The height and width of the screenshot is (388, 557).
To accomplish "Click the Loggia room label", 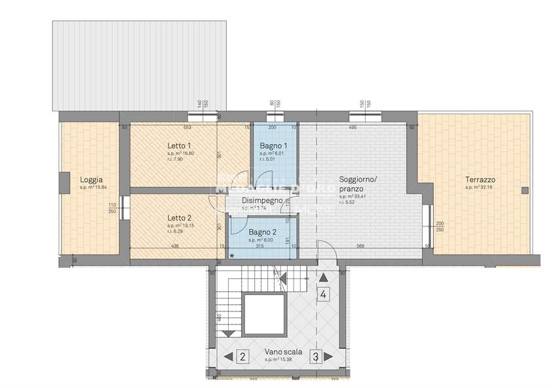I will [91, 180].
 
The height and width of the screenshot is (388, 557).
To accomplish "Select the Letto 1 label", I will [179, 146].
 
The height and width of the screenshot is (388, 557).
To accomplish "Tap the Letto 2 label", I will [179, 218].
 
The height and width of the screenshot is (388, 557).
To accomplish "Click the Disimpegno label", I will [262, 201].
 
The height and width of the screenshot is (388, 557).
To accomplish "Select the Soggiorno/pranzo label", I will [358, 184].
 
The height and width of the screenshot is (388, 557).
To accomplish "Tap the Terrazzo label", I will [480, 180].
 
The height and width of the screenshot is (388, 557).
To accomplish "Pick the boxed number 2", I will [242, 357].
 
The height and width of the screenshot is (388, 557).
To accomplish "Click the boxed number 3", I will [315, 357].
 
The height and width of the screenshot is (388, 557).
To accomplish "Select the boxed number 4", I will [323, 294].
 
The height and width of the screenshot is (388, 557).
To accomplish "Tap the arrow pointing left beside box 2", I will [227, 357].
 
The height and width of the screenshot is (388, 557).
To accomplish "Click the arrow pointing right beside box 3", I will [330, 357].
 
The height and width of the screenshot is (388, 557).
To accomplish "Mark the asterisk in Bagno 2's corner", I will [231, 256].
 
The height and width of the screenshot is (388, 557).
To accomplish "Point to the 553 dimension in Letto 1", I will [187, 128].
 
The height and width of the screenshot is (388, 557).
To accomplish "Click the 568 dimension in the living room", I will [360, 247].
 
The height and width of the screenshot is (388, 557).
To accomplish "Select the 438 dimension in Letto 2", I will [174, 247].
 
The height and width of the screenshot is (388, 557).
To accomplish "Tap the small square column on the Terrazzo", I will [524, 190].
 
